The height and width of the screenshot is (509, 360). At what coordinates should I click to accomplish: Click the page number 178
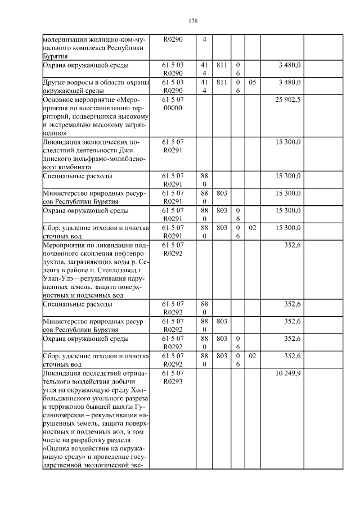click(192, 21)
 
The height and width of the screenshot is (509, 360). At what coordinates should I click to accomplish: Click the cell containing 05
click(253, 82)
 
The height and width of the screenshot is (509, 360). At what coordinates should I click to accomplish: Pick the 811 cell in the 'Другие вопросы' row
click(221, 82)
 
